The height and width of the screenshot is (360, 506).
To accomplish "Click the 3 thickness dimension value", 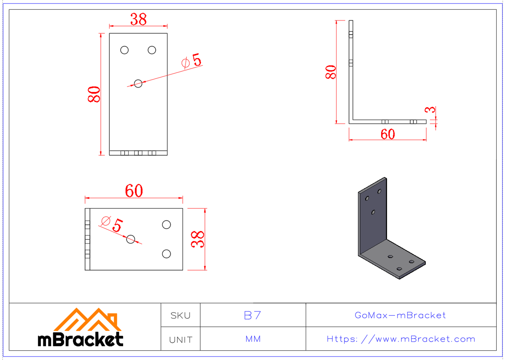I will coord(430,110).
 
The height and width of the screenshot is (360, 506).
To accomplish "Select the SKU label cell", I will coord(180,315).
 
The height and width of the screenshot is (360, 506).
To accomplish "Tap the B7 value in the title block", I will coord(253,315).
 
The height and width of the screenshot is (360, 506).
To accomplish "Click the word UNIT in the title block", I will coord(180,339).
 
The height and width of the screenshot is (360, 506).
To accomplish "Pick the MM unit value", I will coord(253,339).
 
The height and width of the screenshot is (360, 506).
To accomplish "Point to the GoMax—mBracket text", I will coord(400,315).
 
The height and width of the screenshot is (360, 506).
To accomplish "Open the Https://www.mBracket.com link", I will coord(401,339).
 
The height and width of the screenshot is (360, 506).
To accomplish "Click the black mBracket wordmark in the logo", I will coord(81,339).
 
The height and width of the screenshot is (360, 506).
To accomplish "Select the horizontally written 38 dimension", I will coord(138,19).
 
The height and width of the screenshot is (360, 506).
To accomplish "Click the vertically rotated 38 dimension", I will coord(198,239).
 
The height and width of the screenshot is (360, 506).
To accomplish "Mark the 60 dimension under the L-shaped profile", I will coord(388,134).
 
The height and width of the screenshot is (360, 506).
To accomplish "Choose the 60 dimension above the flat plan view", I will coord(134,191).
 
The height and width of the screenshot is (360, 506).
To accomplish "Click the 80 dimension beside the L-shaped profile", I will coord(331,72).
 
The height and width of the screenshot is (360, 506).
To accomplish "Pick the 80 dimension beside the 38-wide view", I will coord(94,94).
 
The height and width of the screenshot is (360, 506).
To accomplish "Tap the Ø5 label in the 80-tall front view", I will coord(191,61).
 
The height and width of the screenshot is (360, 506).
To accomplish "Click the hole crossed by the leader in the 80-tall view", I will coord(138,83).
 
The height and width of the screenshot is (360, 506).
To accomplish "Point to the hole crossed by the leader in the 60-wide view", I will coord(131,239).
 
